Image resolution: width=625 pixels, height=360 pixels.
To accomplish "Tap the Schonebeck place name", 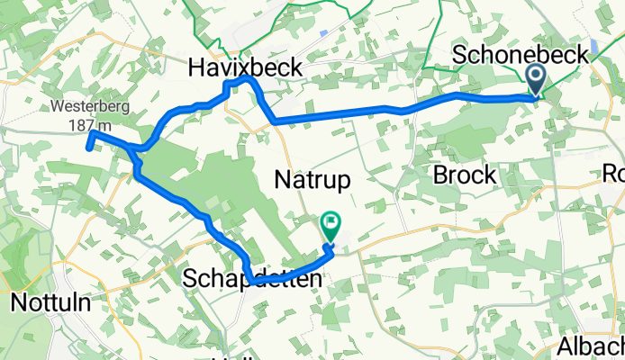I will tap(520, 55).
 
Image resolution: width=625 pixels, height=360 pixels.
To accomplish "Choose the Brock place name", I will tap(465, 175).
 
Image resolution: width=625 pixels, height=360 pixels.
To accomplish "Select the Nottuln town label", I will tap(51, 302).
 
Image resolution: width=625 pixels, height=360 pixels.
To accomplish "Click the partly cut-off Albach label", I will tap(591, 346).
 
